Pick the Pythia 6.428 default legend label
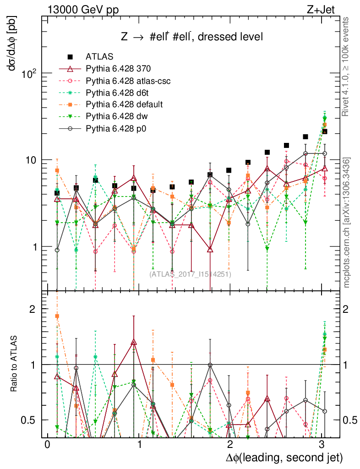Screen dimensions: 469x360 tap(124, 104)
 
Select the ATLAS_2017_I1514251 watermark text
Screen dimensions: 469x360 tap(190, 274)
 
